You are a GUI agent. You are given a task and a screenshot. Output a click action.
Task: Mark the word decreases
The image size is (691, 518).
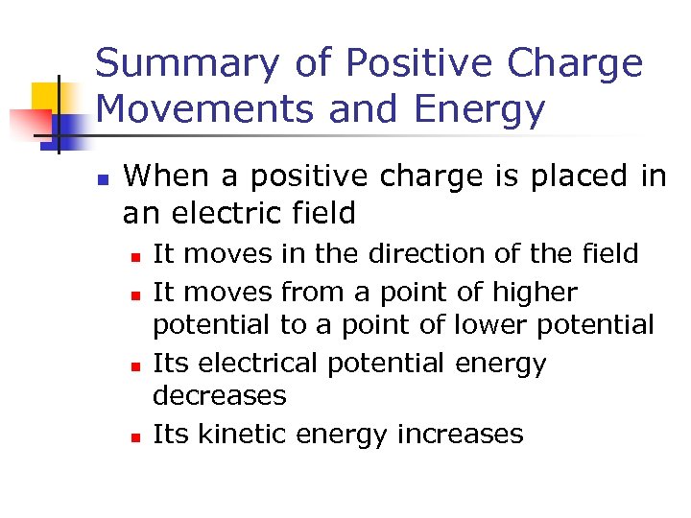click(220, 395)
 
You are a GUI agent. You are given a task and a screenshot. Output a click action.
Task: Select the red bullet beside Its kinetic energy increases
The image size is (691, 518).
click(136, 436)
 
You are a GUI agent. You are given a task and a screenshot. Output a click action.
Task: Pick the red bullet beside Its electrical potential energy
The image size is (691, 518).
click(136, 365)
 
